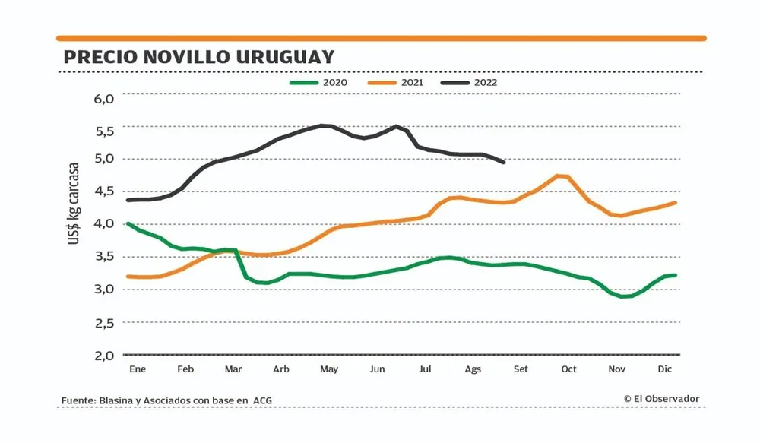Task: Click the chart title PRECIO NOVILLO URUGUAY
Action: tap(198, 57)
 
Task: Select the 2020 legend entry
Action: tap(329, 83)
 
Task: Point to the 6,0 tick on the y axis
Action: tap(104, 99)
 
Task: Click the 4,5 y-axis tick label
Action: tap(104, 191)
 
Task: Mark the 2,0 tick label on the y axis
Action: tap(104, 355)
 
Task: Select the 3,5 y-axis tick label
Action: tap(104, 257)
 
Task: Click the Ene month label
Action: tap(137, 369)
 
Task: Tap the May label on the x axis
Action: tap(329, 369)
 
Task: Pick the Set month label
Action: tap(521, 369)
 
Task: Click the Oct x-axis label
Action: tap(568, 369)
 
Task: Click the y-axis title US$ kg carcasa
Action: tap(74, 203)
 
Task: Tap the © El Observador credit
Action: tap(661, 398)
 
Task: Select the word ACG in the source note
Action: tap(263, 401)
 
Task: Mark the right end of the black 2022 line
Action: tap(504, 162)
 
